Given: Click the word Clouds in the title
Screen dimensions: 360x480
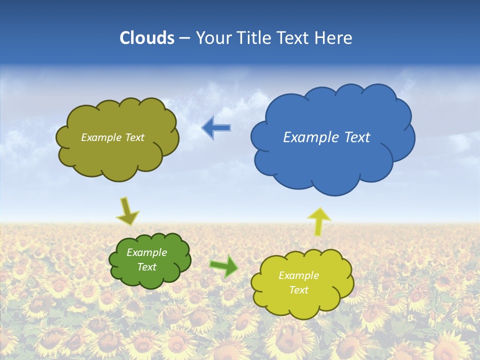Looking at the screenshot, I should (147, 38).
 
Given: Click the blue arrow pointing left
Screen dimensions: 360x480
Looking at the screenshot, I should (216, 128).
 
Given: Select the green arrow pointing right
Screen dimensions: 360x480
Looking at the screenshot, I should (223, 266).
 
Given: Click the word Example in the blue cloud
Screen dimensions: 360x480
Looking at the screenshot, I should (310, 137).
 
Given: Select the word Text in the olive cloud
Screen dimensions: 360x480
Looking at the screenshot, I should (135, 137).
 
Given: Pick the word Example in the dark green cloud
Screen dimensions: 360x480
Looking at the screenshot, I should (146, 252).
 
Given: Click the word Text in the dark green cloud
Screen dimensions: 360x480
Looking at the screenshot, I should (146, 267).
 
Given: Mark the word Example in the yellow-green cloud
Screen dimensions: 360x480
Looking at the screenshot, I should (298, 275).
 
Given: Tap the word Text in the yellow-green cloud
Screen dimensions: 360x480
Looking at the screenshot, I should (298, 290).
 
